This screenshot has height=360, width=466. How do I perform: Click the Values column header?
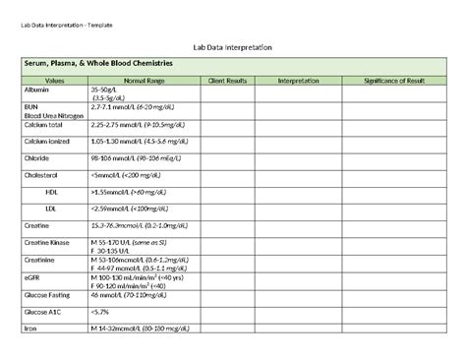pos(54,80)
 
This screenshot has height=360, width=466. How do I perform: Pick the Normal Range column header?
pos(145,80)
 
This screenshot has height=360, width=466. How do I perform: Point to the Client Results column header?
pos(227,80)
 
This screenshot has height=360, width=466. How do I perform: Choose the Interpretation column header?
pos(299,80)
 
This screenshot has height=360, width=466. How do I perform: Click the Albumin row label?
pos(34,90)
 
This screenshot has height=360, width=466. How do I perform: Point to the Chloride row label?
pos(35,157)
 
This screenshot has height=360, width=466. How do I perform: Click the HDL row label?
pos(52,192)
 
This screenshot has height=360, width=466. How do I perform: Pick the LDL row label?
pos(51,209)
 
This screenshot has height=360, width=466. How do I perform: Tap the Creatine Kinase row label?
pos(45,240)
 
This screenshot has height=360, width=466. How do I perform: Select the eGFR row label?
pos(31,276)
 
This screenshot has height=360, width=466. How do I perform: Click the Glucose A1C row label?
pos(42,311)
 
